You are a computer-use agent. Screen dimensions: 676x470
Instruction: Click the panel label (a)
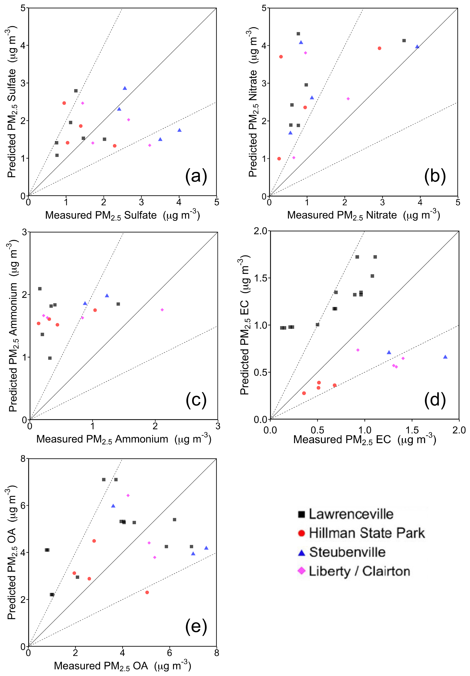[x=196, y=176]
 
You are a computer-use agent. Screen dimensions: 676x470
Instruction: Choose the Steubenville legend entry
[x=347, y=552]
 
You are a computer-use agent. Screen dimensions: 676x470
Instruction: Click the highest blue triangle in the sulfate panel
[x=125, y=88]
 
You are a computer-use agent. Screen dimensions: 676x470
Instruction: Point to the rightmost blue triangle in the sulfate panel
[x=180, y=130]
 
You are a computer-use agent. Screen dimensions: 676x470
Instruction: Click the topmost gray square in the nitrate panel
[x=298, y=34]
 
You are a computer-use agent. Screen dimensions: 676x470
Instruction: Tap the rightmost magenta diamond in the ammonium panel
[x=162, y=310]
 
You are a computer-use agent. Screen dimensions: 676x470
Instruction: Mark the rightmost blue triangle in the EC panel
[x=445, y=357]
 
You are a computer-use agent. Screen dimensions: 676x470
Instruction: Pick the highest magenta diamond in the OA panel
[x=128, y=495]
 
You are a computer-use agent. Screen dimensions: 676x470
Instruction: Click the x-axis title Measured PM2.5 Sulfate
[x=122, y=215]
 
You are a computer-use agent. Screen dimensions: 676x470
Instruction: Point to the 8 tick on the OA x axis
[x=217, y=653]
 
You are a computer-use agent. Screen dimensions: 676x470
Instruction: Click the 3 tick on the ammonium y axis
[x=24, y=232]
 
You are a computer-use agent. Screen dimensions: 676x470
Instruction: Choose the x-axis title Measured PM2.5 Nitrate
[x=363, y=215]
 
